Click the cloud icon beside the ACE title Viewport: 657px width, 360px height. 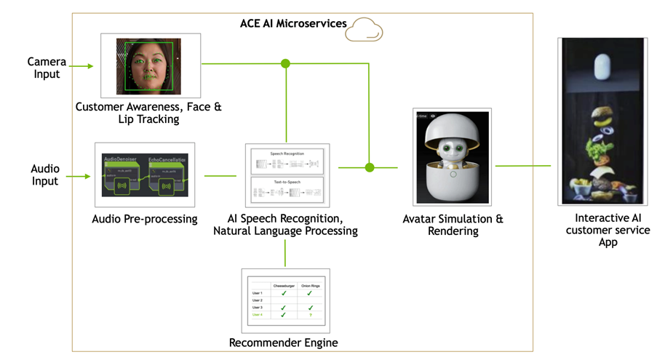coord(363,31)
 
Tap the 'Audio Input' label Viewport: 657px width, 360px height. coord(45,175)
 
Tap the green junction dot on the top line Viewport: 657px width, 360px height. coord(285,64)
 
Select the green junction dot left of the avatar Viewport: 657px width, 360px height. coord(370,167)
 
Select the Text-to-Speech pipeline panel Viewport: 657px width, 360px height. coord(287,190)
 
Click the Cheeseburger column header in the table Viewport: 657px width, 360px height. coord(283,287)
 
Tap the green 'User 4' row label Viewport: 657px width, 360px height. coord(256,314)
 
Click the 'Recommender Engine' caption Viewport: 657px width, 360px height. coord(283,343)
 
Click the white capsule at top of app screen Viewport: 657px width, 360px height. coord(602,68)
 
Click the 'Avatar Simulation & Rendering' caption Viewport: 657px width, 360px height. coord(453,225)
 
